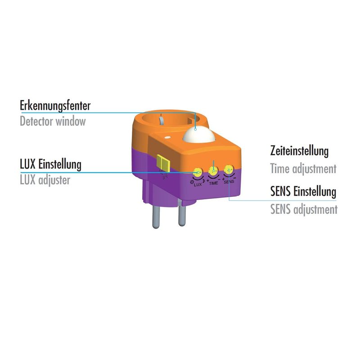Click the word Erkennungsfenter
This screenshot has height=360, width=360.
tap(55, 106)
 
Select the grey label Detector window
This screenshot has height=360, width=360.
tap(53, 121)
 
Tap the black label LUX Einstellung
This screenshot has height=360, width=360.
tap(50, 164)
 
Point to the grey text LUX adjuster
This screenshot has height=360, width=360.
tap(45, 180)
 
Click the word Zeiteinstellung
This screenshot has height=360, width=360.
tap(299, 151)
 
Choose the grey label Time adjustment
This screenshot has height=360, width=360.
tap(303, 169)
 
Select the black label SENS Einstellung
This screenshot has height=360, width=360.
tap(303, 192)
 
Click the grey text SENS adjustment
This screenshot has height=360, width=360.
tap(303, 209)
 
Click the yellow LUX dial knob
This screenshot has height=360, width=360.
tap(197, 171)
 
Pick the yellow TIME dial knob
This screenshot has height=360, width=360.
tap(214, 171)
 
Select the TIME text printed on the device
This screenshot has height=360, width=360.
tap(214, 184)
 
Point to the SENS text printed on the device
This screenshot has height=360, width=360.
tap(229, 182)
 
